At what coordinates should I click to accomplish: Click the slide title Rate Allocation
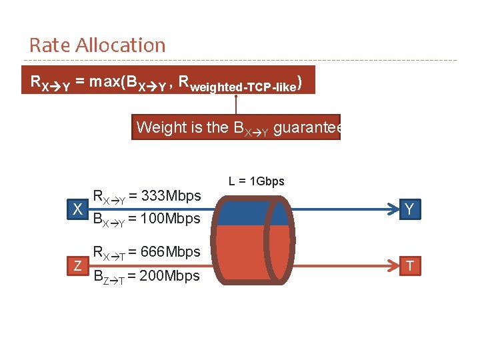[97, 45]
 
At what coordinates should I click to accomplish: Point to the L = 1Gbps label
[257, 181]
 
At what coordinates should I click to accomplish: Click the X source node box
[78, 209]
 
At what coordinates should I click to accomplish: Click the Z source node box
[78, 266]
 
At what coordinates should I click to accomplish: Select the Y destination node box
[409, 209]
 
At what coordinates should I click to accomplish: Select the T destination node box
[409, 266]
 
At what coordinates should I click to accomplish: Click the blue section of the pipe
[243, 212]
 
